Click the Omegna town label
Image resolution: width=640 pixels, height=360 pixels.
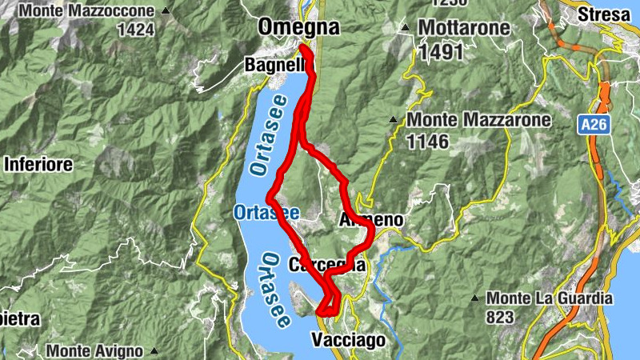point(298,27)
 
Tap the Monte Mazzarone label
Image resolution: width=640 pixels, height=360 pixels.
point(479,121)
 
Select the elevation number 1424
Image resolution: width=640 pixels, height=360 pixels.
point(134,30)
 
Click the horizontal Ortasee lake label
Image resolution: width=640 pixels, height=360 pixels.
point(266,212)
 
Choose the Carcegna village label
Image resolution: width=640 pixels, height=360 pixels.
point(329,264)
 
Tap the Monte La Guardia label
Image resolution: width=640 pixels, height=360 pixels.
point(550,298)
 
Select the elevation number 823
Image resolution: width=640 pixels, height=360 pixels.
point(499,317)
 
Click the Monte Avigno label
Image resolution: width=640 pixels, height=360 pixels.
point(94,350)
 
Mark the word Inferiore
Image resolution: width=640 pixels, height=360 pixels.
point(38,165)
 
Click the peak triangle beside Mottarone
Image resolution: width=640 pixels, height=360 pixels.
point(406,29)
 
